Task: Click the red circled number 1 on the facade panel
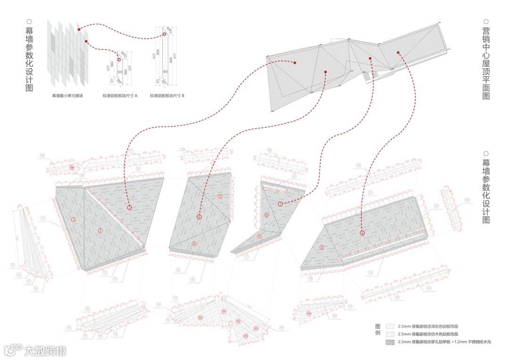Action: coord(74,220)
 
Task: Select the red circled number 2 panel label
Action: coord(100,230)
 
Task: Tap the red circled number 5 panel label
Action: coord(220,196)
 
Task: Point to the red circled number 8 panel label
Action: coord(322,247)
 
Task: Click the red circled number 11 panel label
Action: coord(259,236)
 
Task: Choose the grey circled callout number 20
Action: coord(436,205)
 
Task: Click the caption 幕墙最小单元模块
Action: coord(67,96)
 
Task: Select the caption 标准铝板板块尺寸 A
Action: coord(120,96)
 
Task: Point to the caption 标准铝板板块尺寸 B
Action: coord(167,96)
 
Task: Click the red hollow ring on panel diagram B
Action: coord(164,34)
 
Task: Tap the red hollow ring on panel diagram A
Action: coord(119,60)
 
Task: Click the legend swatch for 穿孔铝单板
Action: coord(390,342)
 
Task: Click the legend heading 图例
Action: coord(377,329)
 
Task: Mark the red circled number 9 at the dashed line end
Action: coord(362,233)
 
